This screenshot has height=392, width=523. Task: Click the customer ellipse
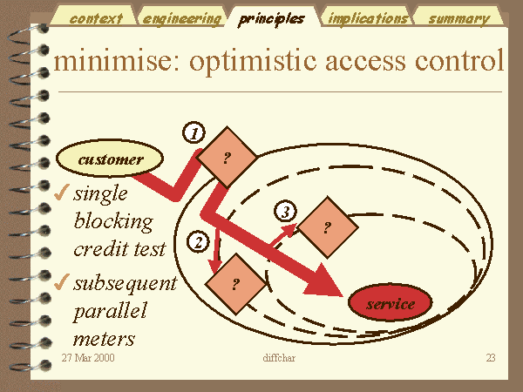[x=110, y=159]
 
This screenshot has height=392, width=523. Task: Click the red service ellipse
[x=390, y=302]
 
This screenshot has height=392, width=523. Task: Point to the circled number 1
[x=194, y=132]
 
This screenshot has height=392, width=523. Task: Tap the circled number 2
[x=198, y=241]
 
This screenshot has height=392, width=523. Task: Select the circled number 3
[x=286, y=212]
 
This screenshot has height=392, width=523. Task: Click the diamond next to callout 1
[x=228, y=157]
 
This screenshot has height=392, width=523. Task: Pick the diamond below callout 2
[x=236, y=284]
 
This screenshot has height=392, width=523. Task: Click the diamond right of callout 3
[x=328, y=227]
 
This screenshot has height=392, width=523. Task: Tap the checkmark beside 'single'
[x=61, y=193]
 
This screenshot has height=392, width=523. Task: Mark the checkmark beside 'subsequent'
[x=61, y=282]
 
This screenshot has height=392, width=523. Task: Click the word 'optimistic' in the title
[x=253, y=61]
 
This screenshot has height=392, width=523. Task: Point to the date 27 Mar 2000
[x=88, y=358]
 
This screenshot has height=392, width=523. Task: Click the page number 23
[x=491, y=358]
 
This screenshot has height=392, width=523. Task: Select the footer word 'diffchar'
[x=279, y=358]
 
